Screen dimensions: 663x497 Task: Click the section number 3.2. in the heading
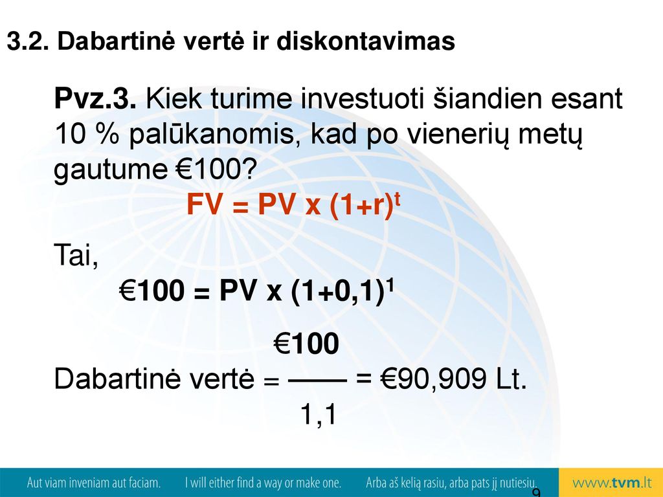coord(28,41)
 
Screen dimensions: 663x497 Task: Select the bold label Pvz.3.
coord(96,100)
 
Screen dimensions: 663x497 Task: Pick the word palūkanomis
coord(216,135)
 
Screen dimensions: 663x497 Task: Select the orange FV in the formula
coord(204,205)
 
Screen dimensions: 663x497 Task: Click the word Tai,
coord(76,255)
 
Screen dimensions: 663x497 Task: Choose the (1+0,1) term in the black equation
coord(338,291)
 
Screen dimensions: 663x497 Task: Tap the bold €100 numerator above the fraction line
coord(306,344)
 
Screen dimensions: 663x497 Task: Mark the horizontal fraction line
coord(317,381)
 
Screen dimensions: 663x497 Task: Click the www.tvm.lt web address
coord(612,483)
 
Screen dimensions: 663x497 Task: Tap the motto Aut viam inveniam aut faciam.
coord(94,483)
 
